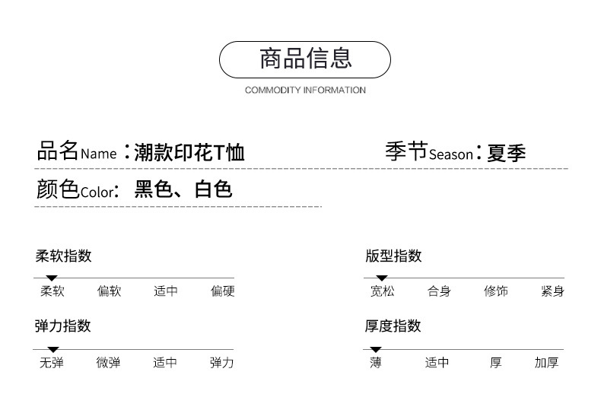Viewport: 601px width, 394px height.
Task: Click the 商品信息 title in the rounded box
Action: (x=305, y=59)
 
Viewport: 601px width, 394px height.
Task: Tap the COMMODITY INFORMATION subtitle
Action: (x=305, y=90)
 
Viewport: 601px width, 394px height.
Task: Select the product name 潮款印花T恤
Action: (x=189, y=153)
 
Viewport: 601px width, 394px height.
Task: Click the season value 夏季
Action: (x=507, y=153)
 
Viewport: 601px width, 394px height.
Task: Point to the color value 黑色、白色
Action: (x=183, y=189)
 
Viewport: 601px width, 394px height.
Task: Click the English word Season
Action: (x=451, y=154)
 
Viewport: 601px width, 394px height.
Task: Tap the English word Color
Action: (x=96, y=192)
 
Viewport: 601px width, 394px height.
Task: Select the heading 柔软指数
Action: (x=63, y=256)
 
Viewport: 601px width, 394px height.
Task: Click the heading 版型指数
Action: (x=393, y=256)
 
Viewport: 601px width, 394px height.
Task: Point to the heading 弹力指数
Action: (x=63, y=326)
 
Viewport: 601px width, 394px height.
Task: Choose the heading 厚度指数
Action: (x=393, y=326)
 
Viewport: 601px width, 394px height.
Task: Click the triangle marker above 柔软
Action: (x=52, y=278)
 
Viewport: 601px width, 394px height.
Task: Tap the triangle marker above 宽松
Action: (x=382, y=278)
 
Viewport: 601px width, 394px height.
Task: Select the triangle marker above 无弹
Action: (x=52, y=349)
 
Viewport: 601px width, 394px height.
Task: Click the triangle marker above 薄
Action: (x=376, y=349)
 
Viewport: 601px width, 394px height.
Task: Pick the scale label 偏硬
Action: (x=223, y=291)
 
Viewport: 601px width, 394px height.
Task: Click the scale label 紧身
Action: (x=552, y=291)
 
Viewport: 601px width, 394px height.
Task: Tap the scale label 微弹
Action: (x=108, y=363)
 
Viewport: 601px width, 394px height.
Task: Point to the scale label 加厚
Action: (x=546, y=363)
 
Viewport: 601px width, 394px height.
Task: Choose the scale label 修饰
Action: (x=496, y=291)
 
